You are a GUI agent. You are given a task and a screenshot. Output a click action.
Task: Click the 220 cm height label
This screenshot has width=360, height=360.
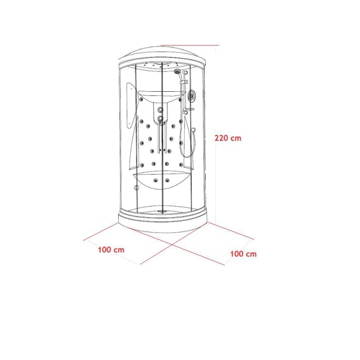click(x=228, y=138)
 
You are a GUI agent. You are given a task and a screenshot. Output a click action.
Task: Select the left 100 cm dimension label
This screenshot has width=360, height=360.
click(x=112, y=250)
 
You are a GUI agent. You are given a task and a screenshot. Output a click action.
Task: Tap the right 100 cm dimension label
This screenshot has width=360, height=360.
click(x=244, y=254)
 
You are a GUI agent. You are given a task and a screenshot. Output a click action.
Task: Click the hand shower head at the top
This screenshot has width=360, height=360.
click(x=178, y=71)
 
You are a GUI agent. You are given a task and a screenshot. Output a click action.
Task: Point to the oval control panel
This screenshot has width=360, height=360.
click(x=191, y=95)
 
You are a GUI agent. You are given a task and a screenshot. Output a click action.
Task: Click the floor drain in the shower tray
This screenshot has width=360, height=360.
click(x=163, y=212)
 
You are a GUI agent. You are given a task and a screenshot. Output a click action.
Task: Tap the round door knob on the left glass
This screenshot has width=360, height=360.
click(x=137, y=188)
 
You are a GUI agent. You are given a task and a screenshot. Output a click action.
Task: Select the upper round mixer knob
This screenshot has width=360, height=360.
click(x=160, y=110)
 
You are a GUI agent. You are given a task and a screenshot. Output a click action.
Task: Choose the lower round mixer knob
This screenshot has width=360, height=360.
click(x=160, y=119)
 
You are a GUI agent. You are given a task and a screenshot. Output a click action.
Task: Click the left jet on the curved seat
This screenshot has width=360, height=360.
click(x=156, y=181)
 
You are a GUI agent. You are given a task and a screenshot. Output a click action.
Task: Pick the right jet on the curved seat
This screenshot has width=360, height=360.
click(x=167, y=181)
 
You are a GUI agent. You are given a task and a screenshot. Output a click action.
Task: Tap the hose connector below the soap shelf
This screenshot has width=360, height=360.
click(x=193, y=130)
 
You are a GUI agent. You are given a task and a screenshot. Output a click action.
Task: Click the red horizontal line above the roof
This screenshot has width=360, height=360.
click(x=190, y=45)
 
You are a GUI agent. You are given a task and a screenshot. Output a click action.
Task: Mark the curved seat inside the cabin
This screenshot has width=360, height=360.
click(x=163, y=181)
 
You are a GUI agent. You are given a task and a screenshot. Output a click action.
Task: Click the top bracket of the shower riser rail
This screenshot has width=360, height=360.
click(x=185, y=73)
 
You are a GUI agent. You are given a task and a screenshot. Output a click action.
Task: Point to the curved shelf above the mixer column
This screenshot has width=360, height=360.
click(x=161, y=97)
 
